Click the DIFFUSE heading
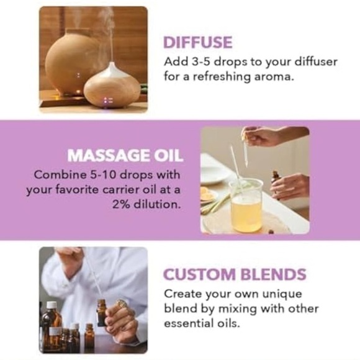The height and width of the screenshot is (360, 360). point(197,42)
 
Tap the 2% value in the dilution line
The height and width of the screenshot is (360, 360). point(121,204)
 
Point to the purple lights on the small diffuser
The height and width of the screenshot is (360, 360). point(108,101)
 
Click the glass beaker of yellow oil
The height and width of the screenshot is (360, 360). point(246,205)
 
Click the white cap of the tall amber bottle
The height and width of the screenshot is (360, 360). point(52,305)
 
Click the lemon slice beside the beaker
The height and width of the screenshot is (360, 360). point(209,196)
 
